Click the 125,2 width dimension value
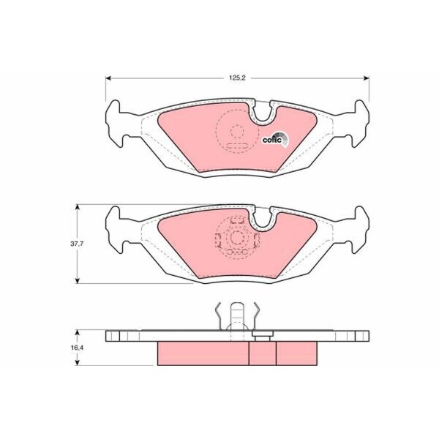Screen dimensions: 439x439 [x=237, y=78]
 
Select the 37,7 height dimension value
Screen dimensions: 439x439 [x=77, y=244]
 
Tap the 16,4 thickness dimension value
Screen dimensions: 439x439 [x=77, y=348]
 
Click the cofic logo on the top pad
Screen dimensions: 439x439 [x=275, y=139]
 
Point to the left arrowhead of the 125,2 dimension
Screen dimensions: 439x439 [x=108, y=78]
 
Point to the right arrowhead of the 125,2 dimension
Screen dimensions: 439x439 [x=366, y=78]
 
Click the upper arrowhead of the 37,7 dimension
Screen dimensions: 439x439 [x=78, y=208]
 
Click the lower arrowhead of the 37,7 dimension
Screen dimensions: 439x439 [x=78, y=280]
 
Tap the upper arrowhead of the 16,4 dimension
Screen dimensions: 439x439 [x=78, y=333]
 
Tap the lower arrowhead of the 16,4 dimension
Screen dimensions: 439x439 [x=78, y=362]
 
